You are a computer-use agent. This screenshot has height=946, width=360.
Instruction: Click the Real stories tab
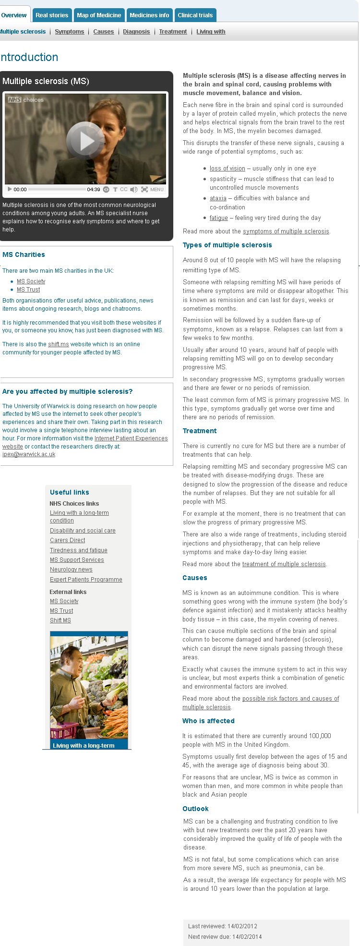pos(52,15)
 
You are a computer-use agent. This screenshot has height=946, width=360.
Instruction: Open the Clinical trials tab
pos(195,15)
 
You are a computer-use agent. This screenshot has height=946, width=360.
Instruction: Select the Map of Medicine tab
pos(99,15)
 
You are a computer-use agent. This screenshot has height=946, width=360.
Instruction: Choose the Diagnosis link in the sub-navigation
pos(136,32)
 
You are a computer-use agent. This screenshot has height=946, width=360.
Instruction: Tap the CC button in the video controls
pos(124,190)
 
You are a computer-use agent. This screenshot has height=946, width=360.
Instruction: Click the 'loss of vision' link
pos(227,169)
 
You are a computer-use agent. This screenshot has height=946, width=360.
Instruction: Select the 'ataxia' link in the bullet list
pos(218,198)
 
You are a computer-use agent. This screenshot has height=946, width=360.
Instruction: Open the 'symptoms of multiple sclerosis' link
pos(286,231)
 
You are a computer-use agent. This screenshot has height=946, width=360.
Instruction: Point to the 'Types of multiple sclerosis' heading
pos(227,245)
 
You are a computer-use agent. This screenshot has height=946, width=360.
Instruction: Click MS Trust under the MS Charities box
pos(28,290)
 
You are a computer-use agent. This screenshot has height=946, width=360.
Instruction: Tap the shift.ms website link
pos(59,344)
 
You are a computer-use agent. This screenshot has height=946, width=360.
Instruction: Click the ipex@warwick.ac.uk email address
pos(29,454)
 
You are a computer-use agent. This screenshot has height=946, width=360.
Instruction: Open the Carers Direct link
pos(67,540)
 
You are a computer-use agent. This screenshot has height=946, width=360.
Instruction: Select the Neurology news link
pos(71,570)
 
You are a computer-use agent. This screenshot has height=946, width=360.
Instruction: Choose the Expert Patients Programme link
pos(86,580)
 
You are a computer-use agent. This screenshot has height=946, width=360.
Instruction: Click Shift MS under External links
pos(60,620)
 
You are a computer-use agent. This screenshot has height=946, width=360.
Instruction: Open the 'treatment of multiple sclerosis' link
pos(284,564)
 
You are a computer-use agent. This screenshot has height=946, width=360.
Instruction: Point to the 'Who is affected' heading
pos(208,721)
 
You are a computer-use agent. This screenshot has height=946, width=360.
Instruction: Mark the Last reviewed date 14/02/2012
pos(242,926)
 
